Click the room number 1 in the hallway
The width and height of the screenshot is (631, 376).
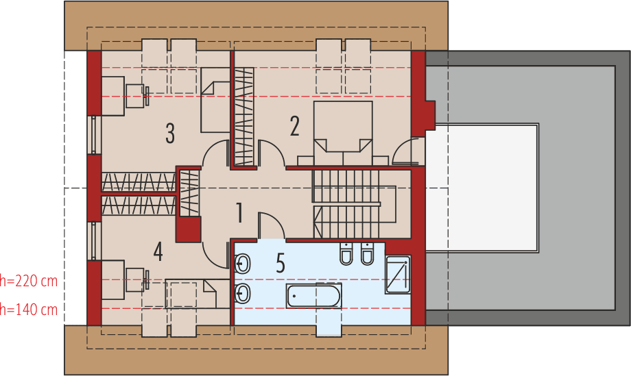tap(239, 214)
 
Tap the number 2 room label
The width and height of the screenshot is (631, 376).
tap(295, 126)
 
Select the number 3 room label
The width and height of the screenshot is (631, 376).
tap(169, 134)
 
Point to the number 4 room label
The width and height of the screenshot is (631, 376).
tap(158, 251)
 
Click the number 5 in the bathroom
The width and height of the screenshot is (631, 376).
tap(280, 263)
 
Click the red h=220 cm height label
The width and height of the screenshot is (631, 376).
tap(29, 280)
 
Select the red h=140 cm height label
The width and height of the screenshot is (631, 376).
tap(29, 310)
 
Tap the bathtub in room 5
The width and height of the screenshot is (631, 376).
tap(313, 296)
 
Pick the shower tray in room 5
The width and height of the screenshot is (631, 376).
tap(398, 275)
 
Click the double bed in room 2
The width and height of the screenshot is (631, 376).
tap(343, 130)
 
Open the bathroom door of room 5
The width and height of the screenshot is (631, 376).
tap(270, 227)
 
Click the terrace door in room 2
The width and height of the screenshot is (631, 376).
tap(408, 152)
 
